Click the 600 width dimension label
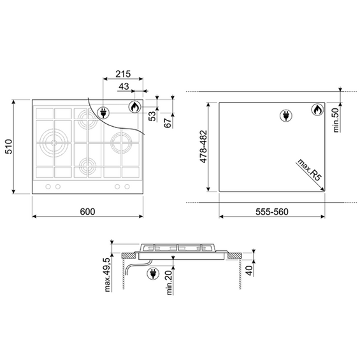pyautogui.click(x=87, y=212)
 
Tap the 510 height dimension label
pyautogui.click(x=9, y=147)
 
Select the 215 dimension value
pyautogui.click(x=123, y=74)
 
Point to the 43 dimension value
pyautogui.click(x=124, y=87)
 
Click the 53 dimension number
pyautogui.click(x=152, y=116)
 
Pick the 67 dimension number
pyautogui.click(x=168, y=123)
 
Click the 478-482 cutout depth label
pyautogui.click(x=203, y=147)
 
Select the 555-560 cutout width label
pyautogui.click(x=272, y=212)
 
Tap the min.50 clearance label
pyautogui.click(x=336, y=120)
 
